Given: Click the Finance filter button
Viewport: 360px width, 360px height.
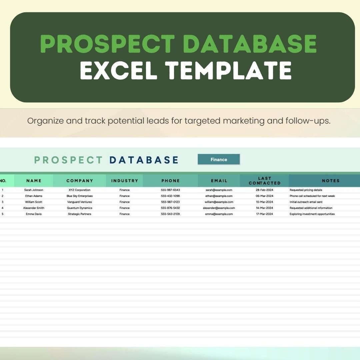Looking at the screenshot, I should [x=219, y=160].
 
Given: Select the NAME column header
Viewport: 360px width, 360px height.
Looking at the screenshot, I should [x=34, y=181].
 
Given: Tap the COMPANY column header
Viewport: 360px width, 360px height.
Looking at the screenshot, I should [x=80, y=181].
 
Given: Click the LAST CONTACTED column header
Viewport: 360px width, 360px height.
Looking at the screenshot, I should [x=264, y=181].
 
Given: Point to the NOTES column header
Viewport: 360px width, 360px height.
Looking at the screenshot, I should [x=331, y=181].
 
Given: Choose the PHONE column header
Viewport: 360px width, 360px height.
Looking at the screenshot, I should [x=170, y=181].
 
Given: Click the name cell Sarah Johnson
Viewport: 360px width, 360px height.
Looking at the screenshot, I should [x=34, y=190].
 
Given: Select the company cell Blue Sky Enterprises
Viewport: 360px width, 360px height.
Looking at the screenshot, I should [x=80, y=196].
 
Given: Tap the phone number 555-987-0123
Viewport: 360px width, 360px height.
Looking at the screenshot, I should [x=170, y=202].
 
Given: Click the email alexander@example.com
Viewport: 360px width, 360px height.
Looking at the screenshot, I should [x=219, y=208].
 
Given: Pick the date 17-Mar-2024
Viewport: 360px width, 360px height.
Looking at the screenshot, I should [x=264, y=214].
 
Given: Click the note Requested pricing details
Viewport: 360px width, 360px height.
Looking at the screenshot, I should [x=306, y=190].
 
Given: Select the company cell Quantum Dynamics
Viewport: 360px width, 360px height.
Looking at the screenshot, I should [x=80, y=208].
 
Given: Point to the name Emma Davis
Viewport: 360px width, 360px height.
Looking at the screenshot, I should [x=34, y=214].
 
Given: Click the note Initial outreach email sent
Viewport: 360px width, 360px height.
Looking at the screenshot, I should [x=306, y=202].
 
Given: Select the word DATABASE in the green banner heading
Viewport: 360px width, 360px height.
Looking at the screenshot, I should [x=250, y=44].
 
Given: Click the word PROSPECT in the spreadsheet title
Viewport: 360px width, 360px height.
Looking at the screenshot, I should [x=69, y=160].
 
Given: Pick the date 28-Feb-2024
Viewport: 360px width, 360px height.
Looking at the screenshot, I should [x=264, y=190].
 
